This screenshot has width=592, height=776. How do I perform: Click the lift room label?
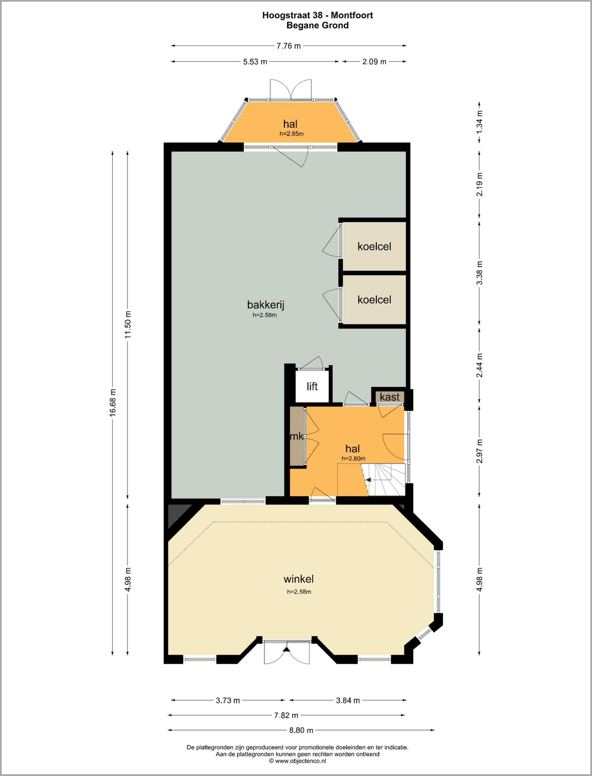(312, 386)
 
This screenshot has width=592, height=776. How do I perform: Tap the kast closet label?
(389, 397)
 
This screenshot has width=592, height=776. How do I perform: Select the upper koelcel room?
(374, 247)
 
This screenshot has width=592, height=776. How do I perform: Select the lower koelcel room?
(374, 300)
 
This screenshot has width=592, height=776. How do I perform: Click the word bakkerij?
(265, 305)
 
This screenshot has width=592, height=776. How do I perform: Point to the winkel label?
(298, 579)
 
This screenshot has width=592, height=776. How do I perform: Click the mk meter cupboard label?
(296, 437)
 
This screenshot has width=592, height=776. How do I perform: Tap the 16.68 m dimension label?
(113, 403)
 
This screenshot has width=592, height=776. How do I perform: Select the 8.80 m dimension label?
(301, 730)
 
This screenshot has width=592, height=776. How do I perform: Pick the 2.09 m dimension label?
(374, 62)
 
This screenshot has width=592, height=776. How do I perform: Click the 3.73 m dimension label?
(228, 700)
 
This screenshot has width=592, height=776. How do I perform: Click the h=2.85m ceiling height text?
(291, 134)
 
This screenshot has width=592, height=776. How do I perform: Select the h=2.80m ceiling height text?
(354, 459)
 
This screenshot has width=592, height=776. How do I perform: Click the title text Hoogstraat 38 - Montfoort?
(317, 15)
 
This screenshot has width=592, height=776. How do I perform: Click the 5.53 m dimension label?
(255, 62)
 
